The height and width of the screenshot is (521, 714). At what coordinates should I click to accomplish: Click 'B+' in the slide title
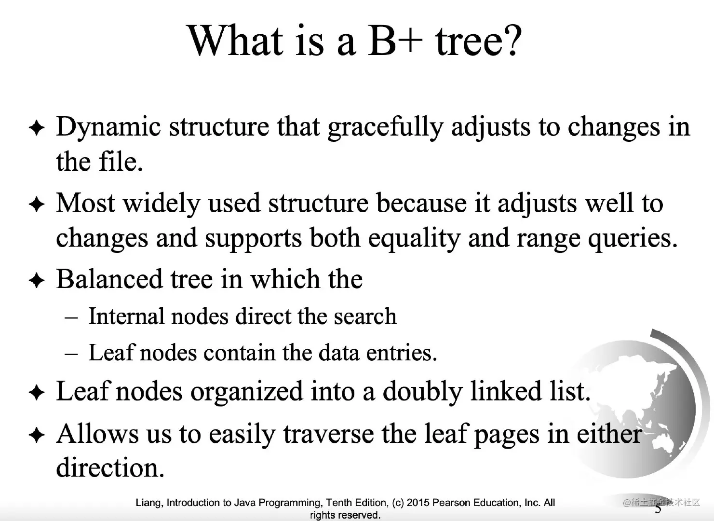(x=395, y=41)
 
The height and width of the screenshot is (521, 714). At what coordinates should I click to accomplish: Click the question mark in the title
(x=512, y=41)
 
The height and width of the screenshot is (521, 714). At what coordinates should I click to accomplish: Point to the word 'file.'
(x=121, y=162)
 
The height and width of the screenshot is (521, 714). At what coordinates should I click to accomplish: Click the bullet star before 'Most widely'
(x=37, y=204)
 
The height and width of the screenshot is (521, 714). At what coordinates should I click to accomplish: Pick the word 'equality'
(x=414, y=239)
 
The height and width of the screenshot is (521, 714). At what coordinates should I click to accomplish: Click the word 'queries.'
(x=633, y=239)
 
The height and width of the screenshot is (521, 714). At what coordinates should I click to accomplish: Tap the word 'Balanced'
(x=109, y=279)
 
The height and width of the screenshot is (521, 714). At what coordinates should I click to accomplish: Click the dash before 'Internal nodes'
(x=71, y=318)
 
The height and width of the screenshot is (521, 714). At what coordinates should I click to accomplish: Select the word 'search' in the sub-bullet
(x=365, y=316)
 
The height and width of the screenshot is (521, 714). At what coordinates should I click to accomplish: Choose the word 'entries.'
(x=401, y=353)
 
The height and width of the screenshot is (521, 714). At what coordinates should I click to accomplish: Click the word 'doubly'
(x=422, y=392)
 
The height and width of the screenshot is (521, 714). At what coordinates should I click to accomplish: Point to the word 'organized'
(x=246, y=392)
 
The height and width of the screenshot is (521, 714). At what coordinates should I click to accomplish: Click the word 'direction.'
(x=110, y=467)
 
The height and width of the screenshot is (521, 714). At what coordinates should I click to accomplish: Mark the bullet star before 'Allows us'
(x=37, y=435)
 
